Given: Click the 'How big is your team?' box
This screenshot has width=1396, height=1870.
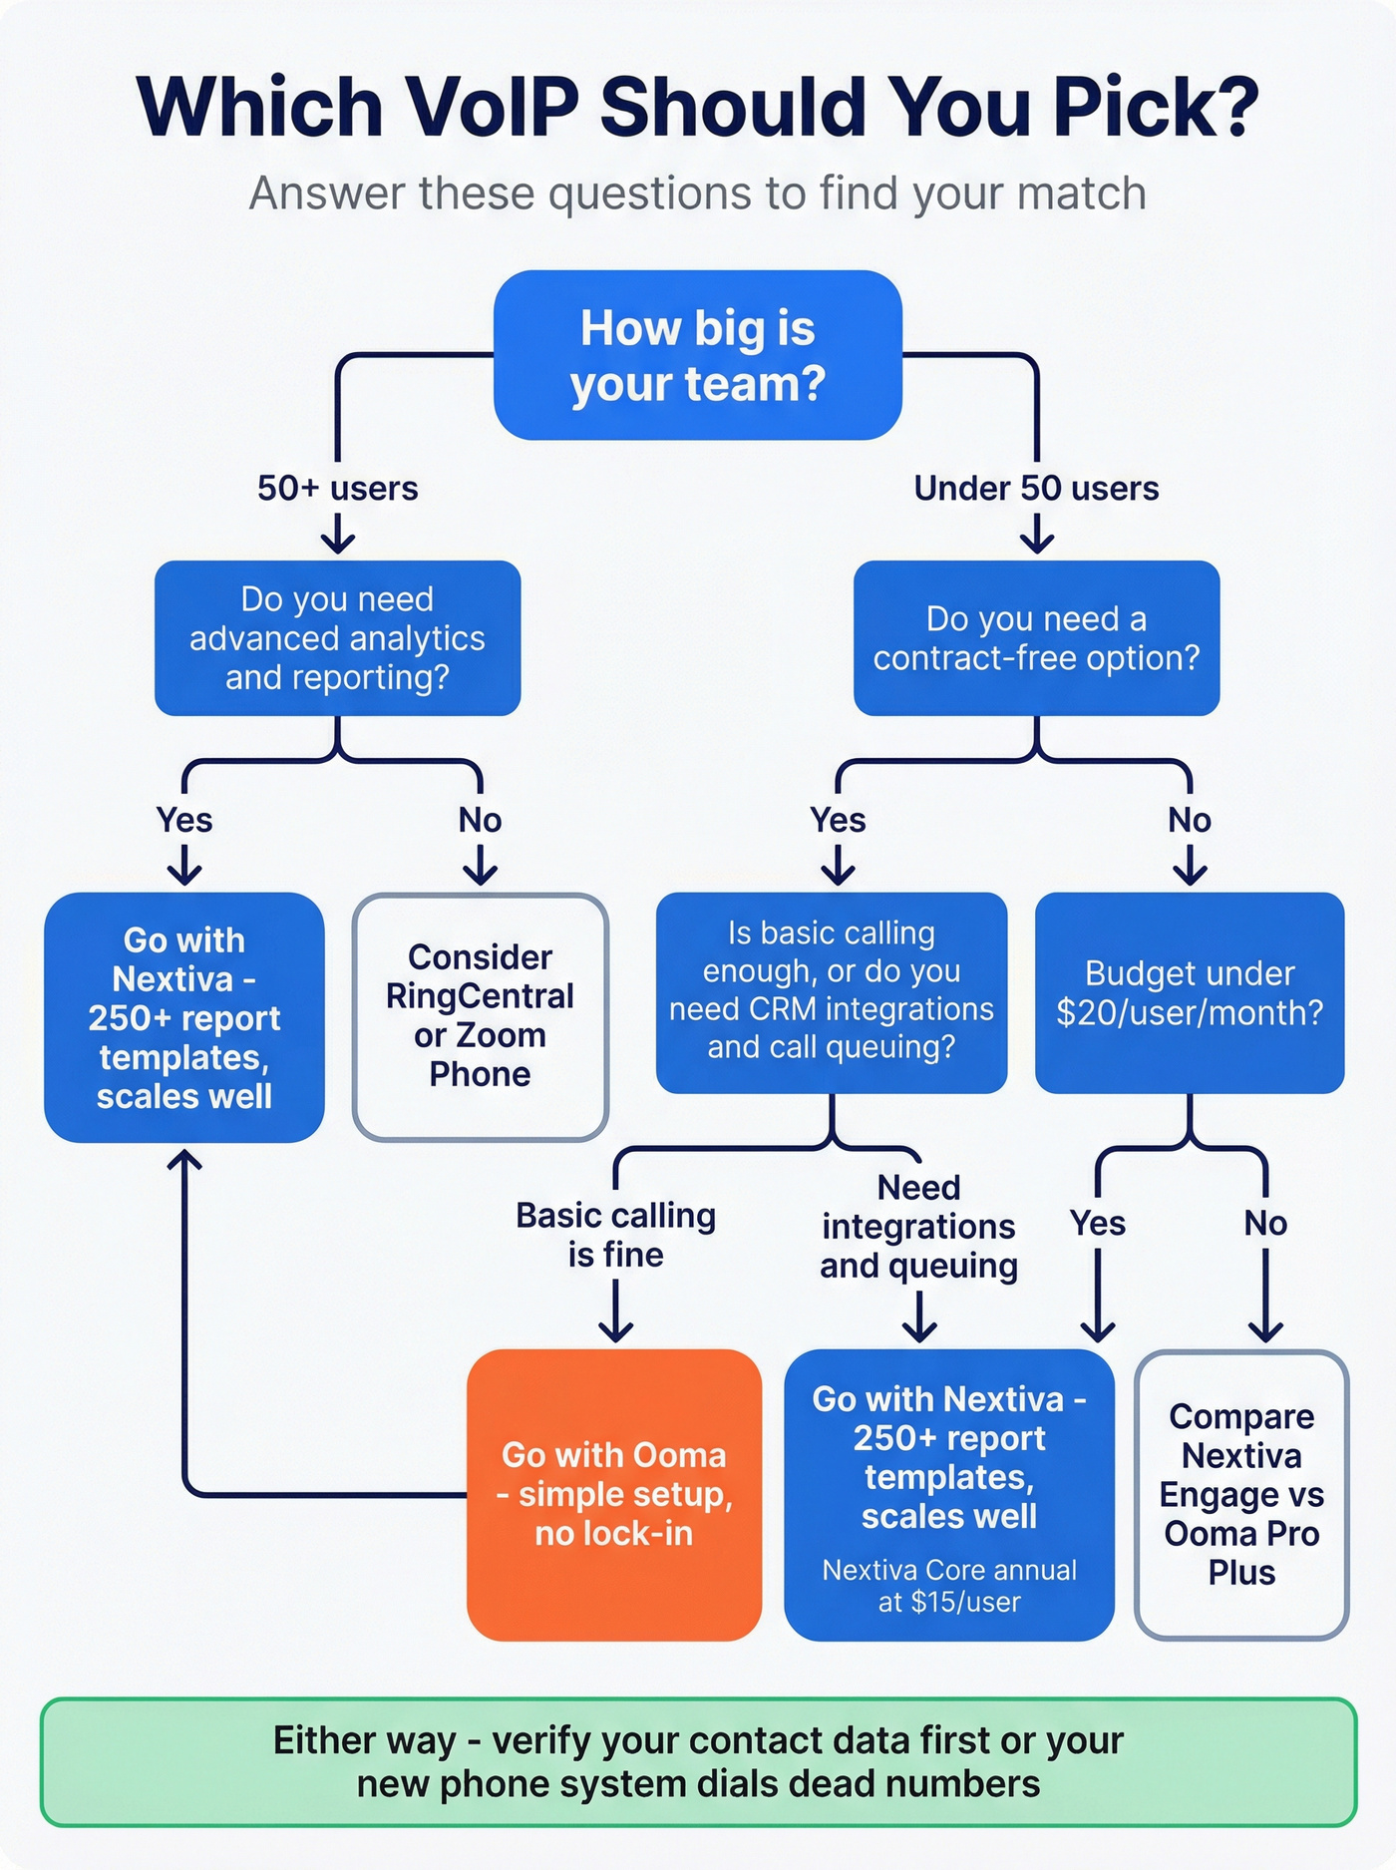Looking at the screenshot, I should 698,355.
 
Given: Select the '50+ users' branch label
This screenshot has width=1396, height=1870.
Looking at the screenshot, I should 337,488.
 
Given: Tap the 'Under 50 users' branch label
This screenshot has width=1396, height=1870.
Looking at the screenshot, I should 1036,488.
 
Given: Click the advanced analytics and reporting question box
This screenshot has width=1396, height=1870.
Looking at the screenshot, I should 337,638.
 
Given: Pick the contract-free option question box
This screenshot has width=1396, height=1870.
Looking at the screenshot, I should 1036,638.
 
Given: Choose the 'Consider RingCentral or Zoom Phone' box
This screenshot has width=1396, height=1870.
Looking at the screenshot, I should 480,1015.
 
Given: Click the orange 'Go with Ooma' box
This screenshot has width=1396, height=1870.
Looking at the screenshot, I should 614,1494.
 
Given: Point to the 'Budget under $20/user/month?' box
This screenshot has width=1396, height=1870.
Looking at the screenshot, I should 1190,992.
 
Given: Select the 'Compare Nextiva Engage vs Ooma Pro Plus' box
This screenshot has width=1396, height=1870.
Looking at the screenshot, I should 1241,1494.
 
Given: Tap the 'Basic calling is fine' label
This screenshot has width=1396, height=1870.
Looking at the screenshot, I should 615,1235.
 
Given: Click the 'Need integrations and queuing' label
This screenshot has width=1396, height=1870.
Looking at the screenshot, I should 918,1226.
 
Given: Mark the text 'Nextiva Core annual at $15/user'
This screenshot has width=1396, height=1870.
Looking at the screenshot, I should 948,1586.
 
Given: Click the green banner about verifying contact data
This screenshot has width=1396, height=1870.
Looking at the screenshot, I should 698,1762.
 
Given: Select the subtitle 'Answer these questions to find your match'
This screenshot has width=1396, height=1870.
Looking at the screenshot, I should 698,193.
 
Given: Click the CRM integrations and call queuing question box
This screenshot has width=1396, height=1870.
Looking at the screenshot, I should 831,990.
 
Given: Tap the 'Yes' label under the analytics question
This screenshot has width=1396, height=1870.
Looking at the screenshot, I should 184,820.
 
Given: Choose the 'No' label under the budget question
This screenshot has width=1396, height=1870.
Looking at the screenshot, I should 1265,1223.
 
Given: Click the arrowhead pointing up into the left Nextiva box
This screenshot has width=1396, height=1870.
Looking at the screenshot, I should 184,1160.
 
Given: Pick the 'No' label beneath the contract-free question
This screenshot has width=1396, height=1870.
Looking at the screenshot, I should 1190,820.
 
